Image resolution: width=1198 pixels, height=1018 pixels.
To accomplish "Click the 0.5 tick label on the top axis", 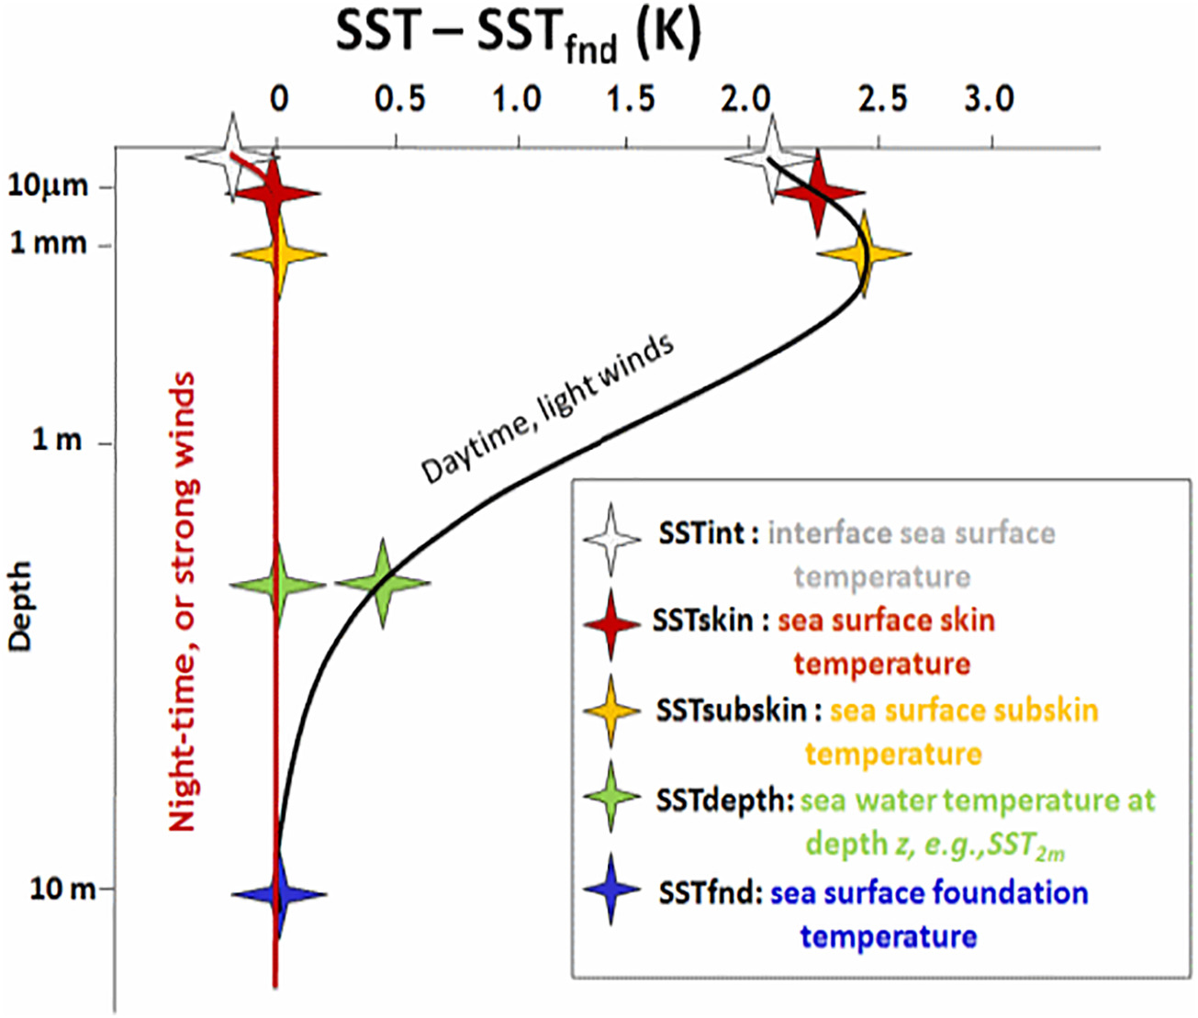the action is click(x=399, y=99).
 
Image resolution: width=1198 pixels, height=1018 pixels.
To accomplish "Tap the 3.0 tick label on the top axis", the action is click(x=989, y=99).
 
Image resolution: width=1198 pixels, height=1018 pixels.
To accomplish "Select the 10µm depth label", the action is click(x=48, y=186).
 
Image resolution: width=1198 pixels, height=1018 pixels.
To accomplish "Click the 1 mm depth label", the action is click(x=49, y=243).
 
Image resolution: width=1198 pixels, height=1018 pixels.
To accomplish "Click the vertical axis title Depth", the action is click(x=21, y=606).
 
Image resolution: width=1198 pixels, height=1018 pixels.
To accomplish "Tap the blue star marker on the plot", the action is click(x=279, y=894).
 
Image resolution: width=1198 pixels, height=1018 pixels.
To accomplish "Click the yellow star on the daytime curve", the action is click(x=865, y=253).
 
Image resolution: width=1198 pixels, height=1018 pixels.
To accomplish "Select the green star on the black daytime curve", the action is click(x=383, y=583).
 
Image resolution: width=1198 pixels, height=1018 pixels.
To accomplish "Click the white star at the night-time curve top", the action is click(x=232, y=156).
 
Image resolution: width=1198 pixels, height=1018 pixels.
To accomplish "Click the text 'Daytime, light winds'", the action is click(x=548, y=409).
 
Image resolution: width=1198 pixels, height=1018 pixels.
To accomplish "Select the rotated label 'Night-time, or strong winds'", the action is click(x=185, y=602).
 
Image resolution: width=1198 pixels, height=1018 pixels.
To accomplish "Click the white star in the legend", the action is click(x=610, y=539).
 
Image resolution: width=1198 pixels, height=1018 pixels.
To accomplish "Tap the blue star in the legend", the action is click(x=610, y=889).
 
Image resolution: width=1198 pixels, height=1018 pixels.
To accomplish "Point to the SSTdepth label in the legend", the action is click(x=724, y=801).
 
